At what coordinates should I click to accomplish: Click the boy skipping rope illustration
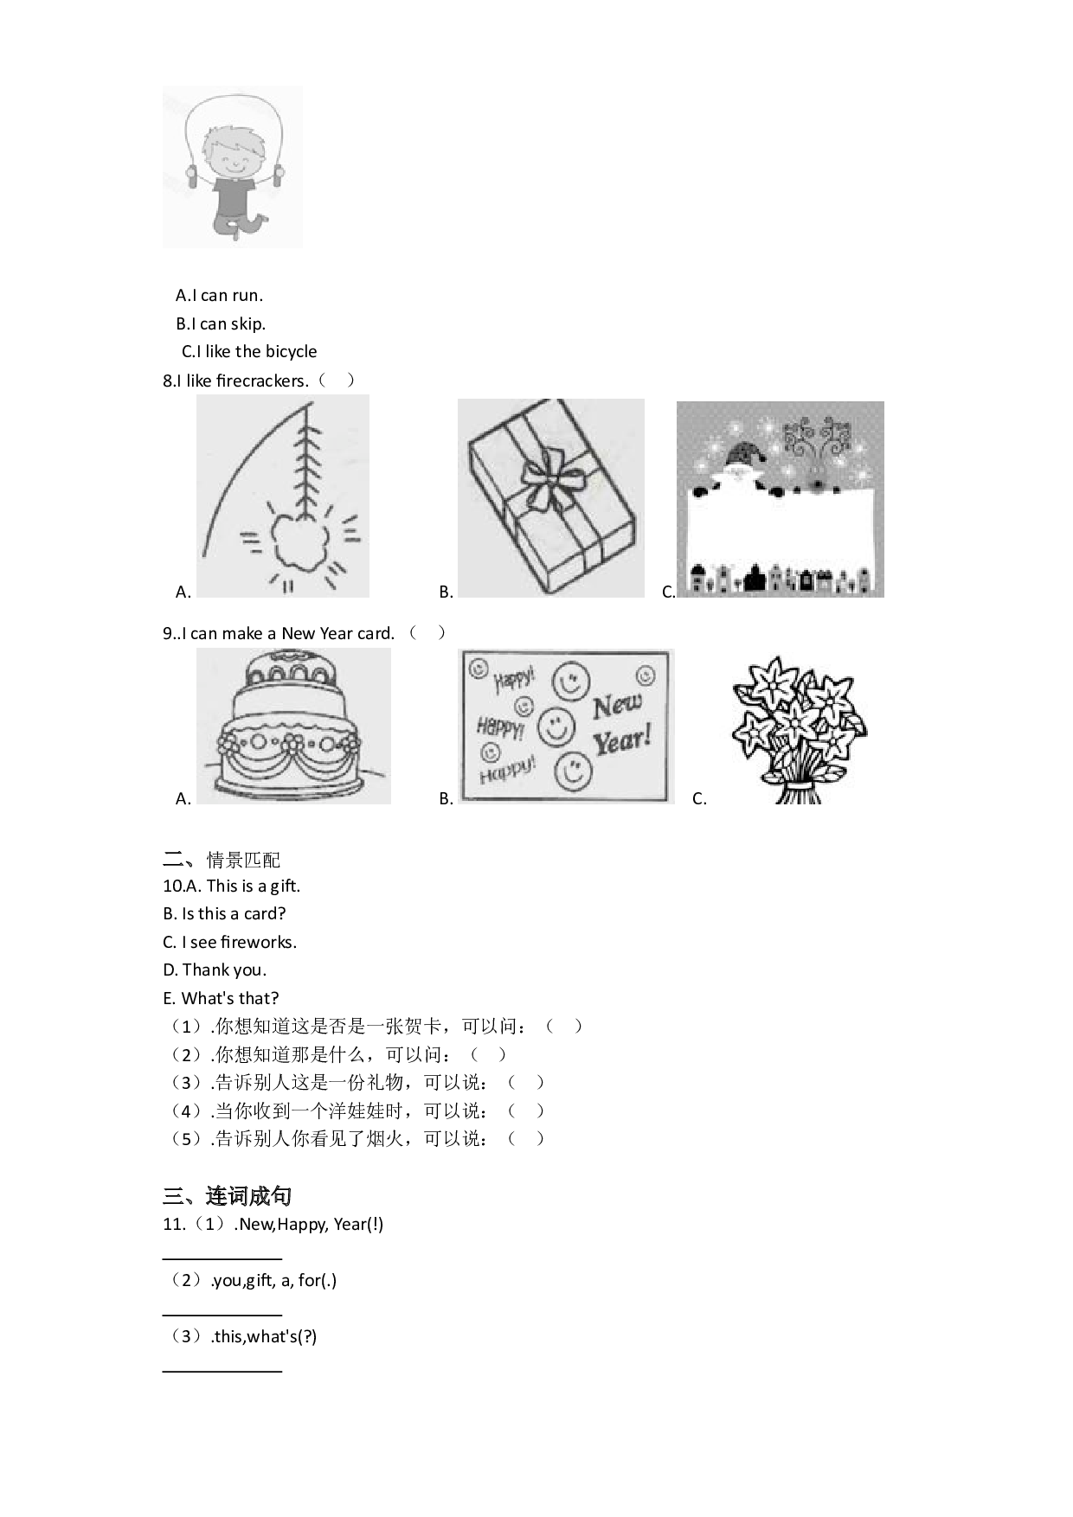click(232, 166)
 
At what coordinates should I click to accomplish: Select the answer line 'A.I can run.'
click(219, 296)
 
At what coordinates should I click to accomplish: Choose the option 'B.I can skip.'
click(221, 324)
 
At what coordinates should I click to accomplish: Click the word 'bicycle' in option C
click(290, 352)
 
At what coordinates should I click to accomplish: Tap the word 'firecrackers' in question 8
click(262, 381)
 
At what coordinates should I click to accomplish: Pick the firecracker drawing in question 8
click(283, 496)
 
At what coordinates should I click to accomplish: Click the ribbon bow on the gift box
click(549, 478)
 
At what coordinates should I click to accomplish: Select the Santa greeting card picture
click(781, 499)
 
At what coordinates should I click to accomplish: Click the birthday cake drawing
click(293, 726)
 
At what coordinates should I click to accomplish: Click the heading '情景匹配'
click(243, 860)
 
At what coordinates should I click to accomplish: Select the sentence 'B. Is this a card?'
click(224, 914)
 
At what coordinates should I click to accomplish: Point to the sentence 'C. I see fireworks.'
click(229, 943)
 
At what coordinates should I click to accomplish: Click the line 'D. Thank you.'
click(215, 970)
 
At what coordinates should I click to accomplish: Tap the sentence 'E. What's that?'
click(221, 999)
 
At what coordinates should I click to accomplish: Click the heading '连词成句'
click(248, 1196)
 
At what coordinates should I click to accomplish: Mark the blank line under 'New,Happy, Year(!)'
click(222, 1259)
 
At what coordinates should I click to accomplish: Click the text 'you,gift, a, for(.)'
click(274, 1281)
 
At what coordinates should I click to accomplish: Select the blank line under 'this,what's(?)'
click(222, 1371)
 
